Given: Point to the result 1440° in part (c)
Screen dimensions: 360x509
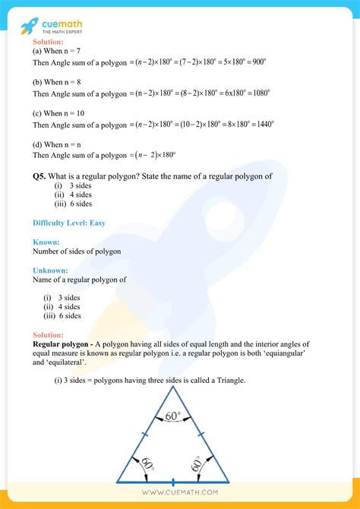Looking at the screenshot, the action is (261, 124).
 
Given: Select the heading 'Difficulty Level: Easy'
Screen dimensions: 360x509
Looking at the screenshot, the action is (69, 223).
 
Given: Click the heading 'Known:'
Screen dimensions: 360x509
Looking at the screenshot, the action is (46, 242).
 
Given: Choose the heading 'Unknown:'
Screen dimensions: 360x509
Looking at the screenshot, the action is (51, 270).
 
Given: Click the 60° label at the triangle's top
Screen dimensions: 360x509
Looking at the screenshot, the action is (174, 416).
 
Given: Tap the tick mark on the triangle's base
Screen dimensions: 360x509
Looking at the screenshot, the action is (174, 482).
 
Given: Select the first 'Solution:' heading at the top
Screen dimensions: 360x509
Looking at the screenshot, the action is (49, 43).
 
